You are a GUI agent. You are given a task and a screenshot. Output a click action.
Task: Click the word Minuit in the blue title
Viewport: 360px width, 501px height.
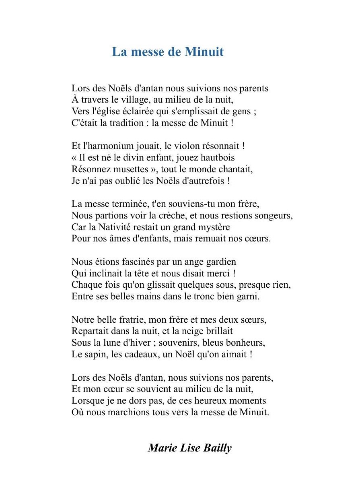(204, 52)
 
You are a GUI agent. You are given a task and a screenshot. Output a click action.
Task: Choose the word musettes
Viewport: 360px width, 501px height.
(128, 169)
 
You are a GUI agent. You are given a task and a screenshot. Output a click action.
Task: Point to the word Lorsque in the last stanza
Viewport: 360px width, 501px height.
(86, 401)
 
